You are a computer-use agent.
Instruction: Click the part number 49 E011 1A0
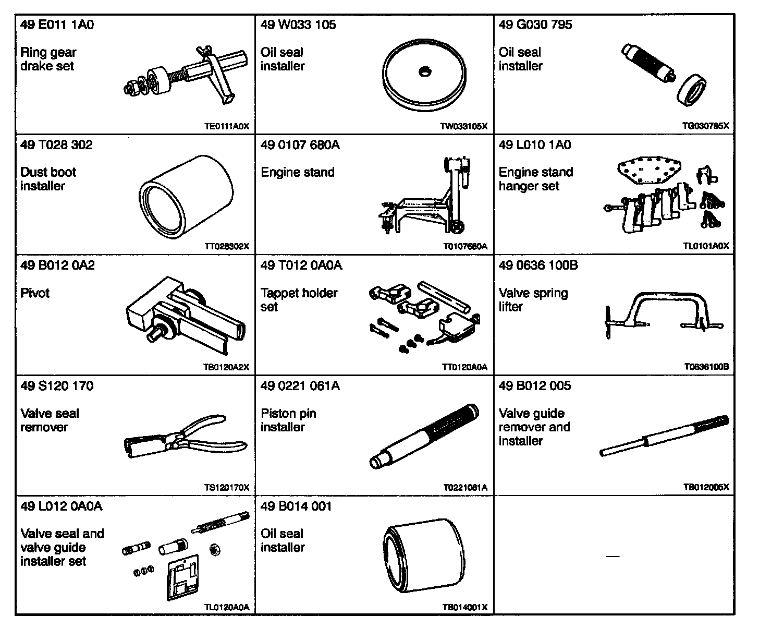click(x=57, y=25)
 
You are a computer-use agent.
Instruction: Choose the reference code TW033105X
click(x=464, y=126)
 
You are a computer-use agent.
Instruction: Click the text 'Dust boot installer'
click(x=48, y=179)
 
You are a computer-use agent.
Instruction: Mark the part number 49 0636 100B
click(x=538, y=265)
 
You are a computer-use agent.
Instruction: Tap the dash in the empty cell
click(x=613, y=557)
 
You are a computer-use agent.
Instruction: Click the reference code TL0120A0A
click(x=226, y=607)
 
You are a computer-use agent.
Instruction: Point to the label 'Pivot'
click(x=35, y=293)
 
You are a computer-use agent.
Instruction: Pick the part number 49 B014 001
click(x=296, y=506)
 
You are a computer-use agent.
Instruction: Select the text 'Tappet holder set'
click(x=299, y=300)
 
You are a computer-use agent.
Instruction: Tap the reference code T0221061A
click(x=465, y=488)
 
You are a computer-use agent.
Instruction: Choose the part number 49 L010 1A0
click(x=535, y=145)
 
